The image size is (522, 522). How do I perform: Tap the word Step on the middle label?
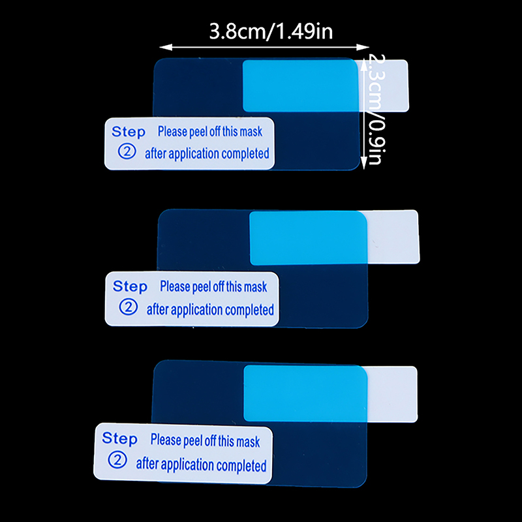tap(130, 286)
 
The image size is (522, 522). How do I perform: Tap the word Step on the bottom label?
tap(120, 438)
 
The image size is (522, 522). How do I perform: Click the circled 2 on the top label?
tap(125, 152)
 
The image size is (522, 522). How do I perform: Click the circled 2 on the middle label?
tap(129, 308)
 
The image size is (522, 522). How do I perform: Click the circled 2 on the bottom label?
tap(119, 461)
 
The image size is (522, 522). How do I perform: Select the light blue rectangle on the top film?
tap(300, 85)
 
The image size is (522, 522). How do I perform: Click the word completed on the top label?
tap(245, 154)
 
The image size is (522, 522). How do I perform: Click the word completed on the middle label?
tap(249, 310)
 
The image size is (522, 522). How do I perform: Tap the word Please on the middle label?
tap(175, 286)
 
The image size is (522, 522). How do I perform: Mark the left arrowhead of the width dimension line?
tap(162, 47)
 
